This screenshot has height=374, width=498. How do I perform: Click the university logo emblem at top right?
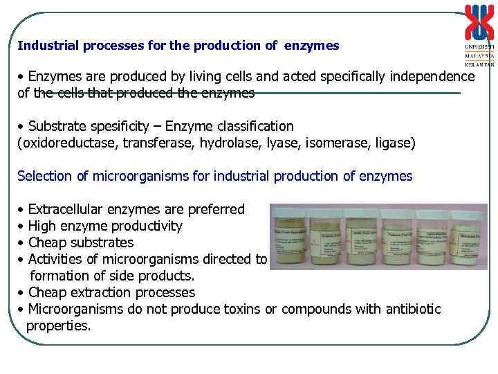(479, 23)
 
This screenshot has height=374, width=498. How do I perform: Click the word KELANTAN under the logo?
(479, 64)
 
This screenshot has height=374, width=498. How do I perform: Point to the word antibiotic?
(410, 309)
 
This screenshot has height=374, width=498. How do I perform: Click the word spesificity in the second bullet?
(118, 126)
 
